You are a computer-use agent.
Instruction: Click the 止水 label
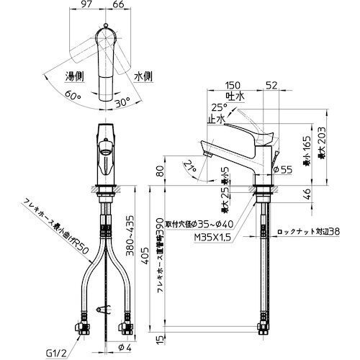[214, 120]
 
